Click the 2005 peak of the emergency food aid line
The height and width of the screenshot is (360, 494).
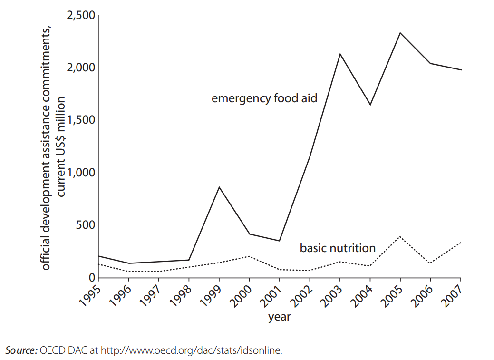pyautogui.click(x=400, y=33)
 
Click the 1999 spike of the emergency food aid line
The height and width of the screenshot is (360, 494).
pyautogui.click(x=219, y=187)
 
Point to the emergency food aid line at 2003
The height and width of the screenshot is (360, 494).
pyautogui.click(x=340, y=54)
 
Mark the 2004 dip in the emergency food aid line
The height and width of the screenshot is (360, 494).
pyautogui.click(x=370, y=105)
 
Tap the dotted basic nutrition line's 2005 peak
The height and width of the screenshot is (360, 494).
pyautogui.click(x=400, y=236)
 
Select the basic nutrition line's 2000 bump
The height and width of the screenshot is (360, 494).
pyautogui.click(x=249, y=256)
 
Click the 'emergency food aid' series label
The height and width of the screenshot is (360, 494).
pyautogui.click(x=264, y=98)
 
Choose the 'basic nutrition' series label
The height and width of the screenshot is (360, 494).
pyautogui.click(x=338, y=248)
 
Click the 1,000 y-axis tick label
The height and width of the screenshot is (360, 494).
pyautogui.click(x=82, y=173)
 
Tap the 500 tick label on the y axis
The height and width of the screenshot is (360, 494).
pyautogui.click(x=86, y=225)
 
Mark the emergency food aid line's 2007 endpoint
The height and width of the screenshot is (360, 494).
pyautogui.click(x=461, y=70)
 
